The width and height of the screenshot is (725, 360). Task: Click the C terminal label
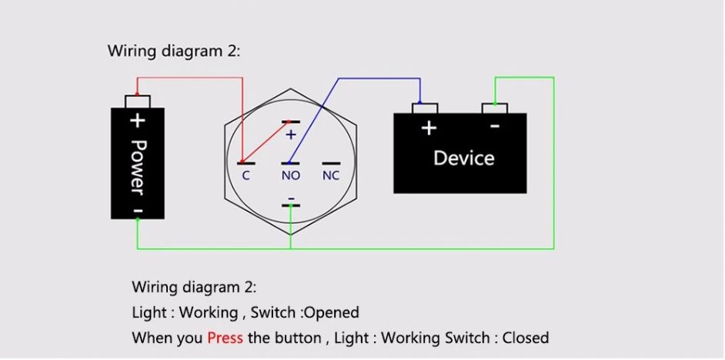(x=246, y=175)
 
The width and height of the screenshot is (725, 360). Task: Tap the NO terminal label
(x=291, y=175)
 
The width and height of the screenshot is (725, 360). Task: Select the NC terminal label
(x=331, y=175)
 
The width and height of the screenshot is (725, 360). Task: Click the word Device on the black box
(x=464, y=158)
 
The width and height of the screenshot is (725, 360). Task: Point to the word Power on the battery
(x=137, y=167)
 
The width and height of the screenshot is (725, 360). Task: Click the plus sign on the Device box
(x=429, y=128)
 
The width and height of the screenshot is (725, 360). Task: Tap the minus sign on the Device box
(x=494, y=125)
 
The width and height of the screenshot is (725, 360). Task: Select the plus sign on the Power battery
(x=137, y=121)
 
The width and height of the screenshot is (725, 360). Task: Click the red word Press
(x=226, y=338)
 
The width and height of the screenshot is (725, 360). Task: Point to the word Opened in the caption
(x=332, y=313)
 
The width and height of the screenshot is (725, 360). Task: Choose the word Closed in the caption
(x=526, y=338)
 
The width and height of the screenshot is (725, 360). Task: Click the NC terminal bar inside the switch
(x=331, y=163)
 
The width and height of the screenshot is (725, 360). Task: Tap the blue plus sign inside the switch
(x=290, y=135)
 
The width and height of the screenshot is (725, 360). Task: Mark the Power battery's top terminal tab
(x=137, y=102)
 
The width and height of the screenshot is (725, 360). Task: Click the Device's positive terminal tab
(x=425, y=108)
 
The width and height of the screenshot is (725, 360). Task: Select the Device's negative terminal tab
(x=495, y=108)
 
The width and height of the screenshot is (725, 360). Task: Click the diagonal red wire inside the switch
(x=265, y=142)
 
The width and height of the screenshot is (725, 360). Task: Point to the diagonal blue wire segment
(x=314, y=121)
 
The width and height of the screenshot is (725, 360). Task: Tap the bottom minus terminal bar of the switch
(x=290, y=205)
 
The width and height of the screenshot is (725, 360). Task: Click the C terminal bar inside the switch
(x=246, y=163)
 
